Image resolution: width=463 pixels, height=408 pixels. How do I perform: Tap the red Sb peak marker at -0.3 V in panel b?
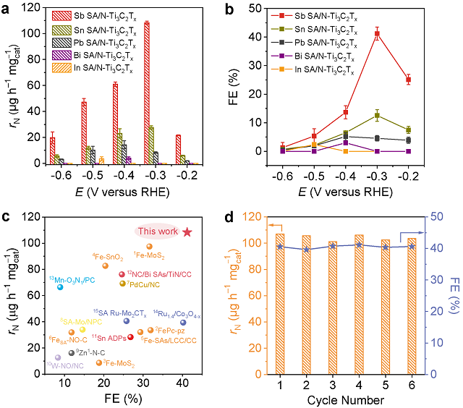pyautogui.click(x=376, y=33)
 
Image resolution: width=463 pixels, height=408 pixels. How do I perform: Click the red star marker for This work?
pyautogui.click(x=187, y=231)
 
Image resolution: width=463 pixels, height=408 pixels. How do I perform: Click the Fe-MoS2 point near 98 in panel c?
pyautogui.click(x=149, y=247)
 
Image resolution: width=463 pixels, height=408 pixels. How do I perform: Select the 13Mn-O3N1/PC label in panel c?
pyautogui.click(x=72, y=279)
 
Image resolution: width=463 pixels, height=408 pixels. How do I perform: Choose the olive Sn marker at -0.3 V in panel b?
pyautogui.click(x=376, y=115)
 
